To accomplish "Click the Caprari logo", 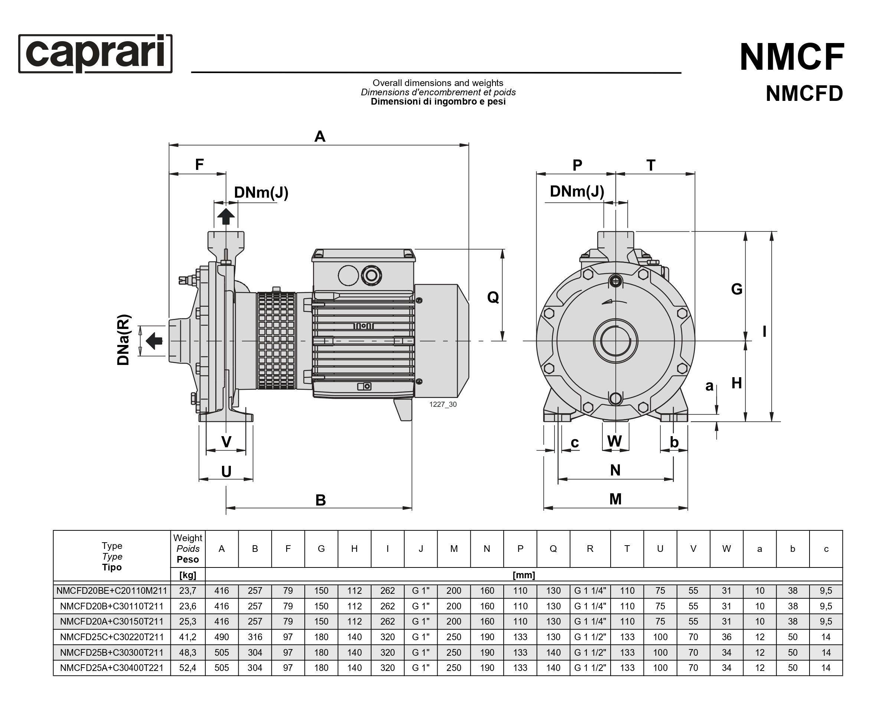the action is click(95, 54).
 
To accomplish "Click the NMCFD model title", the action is click(804, 93).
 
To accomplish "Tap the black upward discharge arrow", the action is click(226, 217).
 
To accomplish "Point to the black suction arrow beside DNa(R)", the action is click(154, 341).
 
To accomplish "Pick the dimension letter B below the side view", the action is click(321, 500).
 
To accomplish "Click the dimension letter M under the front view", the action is click(615, 499).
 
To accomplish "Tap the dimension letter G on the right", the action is click(737, 289).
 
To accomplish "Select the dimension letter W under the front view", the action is click(615, 441).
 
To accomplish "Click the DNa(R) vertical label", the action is click(123, 340).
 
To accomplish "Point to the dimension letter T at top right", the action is click(651, 165).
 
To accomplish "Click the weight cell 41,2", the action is click(188, 637).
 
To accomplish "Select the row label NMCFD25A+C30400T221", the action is click(112, 668).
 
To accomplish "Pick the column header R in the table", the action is click(590, 549).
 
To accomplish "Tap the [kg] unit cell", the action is click(188, 575).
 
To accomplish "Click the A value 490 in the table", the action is click(222, 637).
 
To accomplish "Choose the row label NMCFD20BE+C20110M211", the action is click(112, 591).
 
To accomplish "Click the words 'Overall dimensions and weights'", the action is click(438, 83).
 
